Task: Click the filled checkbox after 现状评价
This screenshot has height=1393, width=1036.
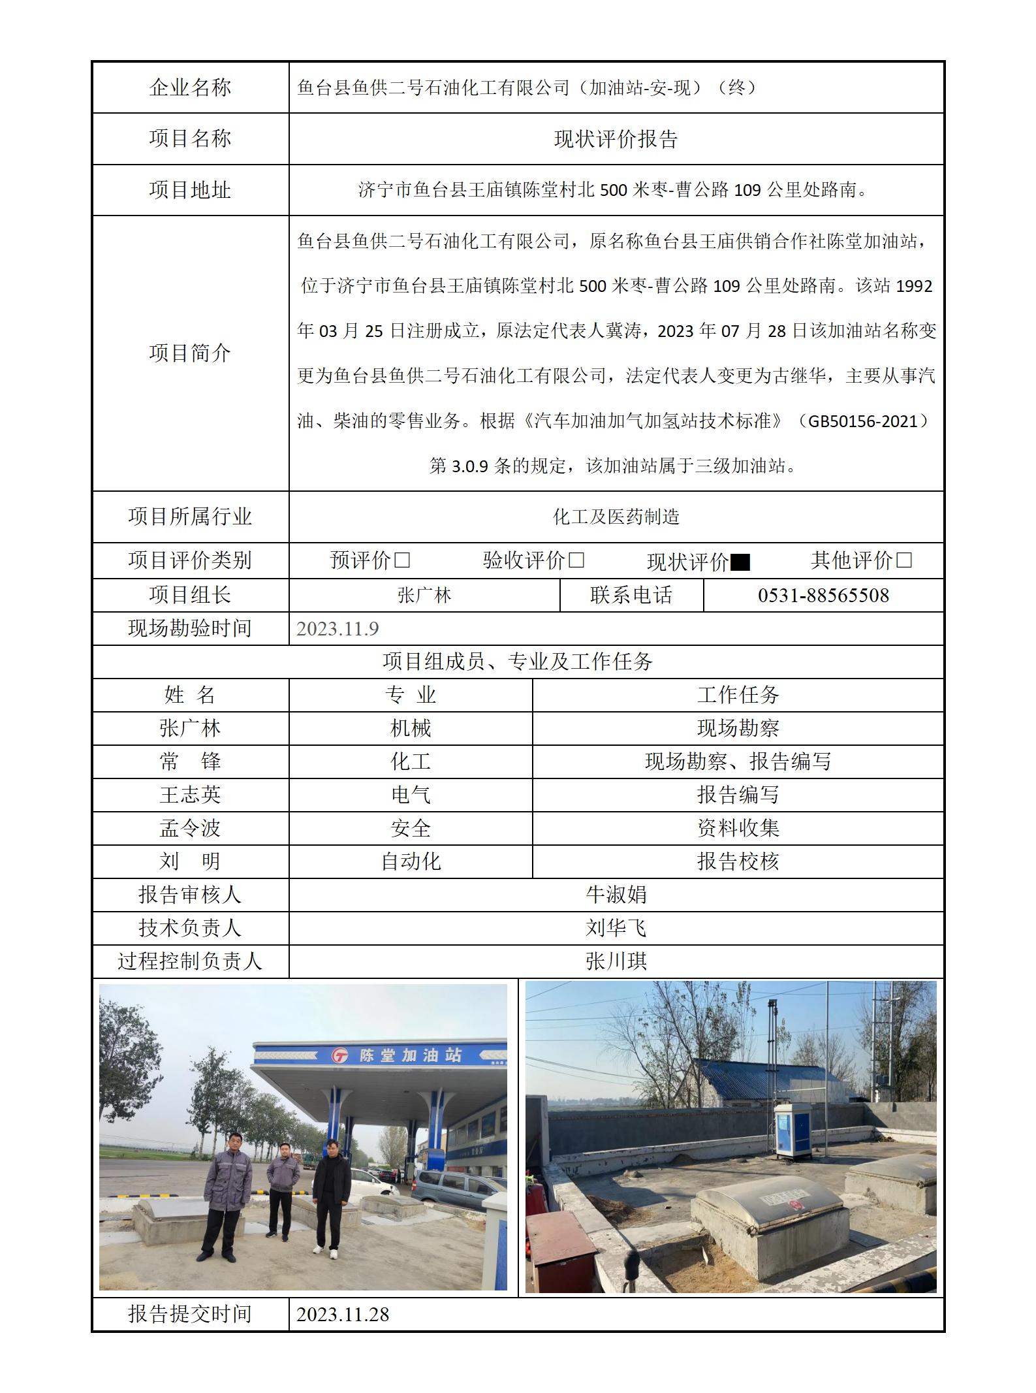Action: point(740,562)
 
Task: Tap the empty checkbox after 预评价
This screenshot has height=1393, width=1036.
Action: point(402,560)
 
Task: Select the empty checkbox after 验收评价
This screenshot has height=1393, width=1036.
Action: point(576,560)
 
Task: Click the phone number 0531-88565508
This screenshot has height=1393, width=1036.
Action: point(823,596)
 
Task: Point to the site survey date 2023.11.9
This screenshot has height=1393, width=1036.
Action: point(337,628)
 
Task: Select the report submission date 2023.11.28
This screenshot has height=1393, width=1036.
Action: point(343,1314)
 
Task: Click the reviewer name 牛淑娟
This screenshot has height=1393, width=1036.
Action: point(616,895)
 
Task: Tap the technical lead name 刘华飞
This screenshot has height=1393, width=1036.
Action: point(616,928)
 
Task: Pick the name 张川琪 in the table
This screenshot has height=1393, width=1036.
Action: point(616,961)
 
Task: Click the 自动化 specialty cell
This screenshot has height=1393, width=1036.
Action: point(411,861)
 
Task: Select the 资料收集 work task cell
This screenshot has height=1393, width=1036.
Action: point(738,828)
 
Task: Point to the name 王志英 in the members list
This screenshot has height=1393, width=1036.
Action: point(190,795)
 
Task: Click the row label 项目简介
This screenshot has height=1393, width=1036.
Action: point(190,353)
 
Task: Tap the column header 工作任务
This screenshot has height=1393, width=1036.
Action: point(738,695)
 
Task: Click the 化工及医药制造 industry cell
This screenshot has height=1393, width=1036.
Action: point(616,517)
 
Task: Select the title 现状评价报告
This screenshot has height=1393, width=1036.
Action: point(616,139)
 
